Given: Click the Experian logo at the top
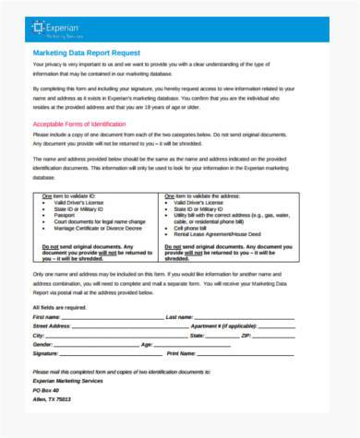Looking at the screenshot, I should coord(58,29).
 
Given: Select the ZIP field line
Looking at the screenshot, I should coord(286,336).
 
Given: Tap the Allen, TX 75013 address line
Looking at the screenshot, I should coord(54,399).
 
